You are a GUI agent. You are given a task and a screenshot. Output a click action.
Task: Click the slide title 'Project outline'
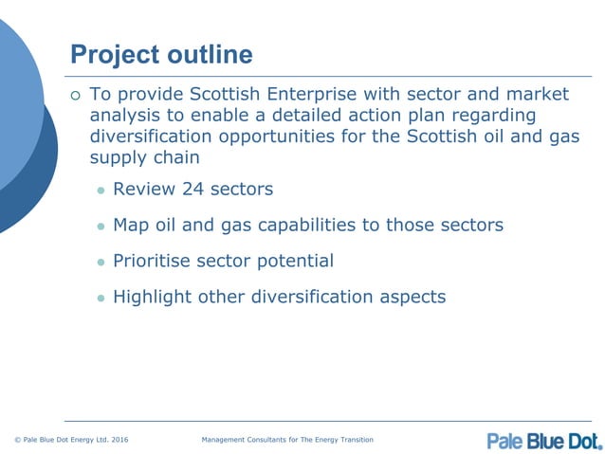coord(162,55)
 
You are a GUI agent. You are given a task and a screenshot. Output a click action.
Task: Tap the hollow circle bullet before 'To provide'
coord(77,95)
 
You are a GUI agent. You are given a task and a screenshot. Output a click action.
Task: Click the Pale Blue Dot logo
coord(544,440)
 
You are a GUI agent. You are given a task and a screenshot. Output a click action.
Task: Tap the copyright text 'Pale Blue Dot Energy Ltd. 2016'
coord(71,440)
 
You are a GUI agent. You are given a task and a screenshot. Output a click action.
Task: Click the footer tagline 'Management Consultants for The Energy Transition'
coord(288,440)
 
